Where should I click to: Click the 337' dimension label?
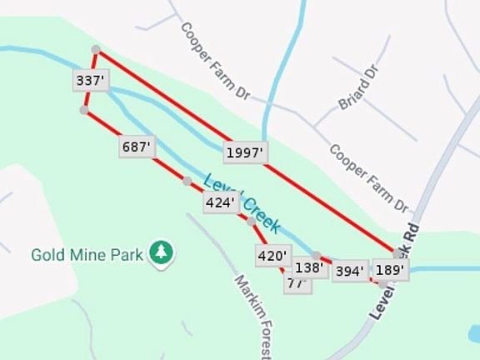coord(89,81)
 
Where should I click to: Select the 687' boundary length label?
coord(136,147)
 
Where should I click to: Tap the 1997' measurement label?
coord(245,152)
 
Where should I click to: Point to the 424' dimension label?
coord(221,202)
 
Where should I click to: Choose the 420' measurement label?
coord(273,256)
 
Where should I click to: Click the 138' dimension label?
coord(310,268)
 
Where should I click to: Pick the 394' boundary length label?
coord(351,271)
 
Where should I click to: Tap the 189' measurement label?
coord(390,270)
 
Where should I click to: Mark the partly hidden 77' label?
coord(296,283)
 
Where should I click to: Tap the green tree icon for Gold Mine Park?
coord(160,252)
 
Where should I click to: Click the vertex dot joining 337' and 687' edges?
coord(83,109)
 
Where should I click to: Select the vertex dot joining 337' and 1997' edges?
coord(97,50)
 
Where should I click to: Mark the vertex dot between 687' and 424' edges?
coord(187,181)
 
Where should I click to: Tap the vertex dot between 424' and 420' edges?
coord(251,222)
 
